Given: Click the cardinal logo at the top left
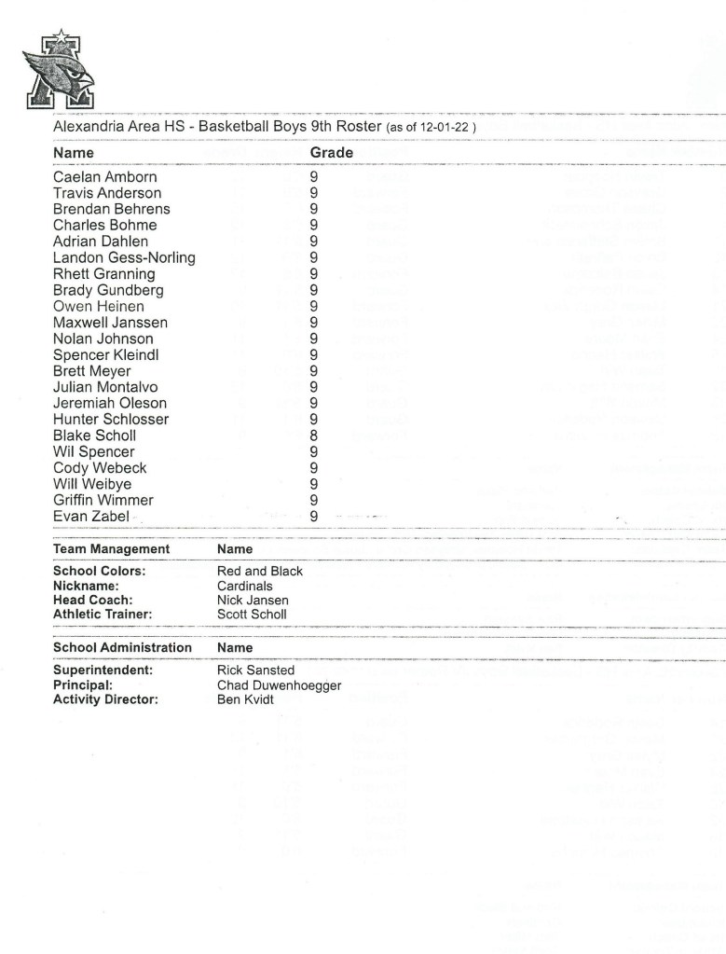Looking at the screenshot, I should click(x=59, y=70).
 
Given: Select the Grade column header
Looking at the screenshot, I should click(x=331, y=152).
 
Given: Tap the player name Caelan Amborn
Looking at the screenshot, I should click(x=104, y=177).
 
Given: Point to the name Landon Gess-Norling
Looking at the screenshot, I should click(x=124, y=257).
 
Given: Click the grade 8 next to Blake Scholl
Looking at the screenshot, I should click(x=314, y=436).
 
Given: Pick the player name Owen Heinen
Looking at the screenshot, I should click(x=99, y=306).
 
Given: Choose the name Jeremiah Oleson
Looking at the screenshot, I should click(x=110, y=403).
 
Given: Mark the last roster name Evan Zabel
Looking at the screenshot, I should click(x=90, y=516).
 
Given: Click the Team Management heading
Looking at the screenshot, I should click(x=111, y=549).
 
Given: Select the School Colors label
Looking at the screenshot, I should click(x=99, y=571).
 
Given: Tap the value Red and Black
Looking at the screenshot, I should click(x=259, y=571).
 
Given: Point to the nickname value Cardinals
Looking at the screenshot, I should click(x=244, y=586).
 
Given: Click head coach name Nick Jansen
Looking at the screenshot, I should click(x=253, y=601).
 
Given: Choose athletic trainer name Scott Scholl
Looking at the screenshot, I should click(x=252, y=615).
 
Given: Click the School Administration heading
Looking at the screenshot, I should click(x=122, y=647).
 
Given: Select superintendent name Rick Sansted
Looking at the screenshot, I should click(x=255, y=671).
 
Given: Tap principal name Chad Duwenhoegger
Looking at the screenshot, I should click(x=279, y=685).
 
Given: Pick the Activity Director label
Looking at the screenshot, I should click(x=105, y=699).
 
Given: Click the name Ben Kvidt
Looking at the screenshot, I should click(x=245, y=699).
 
